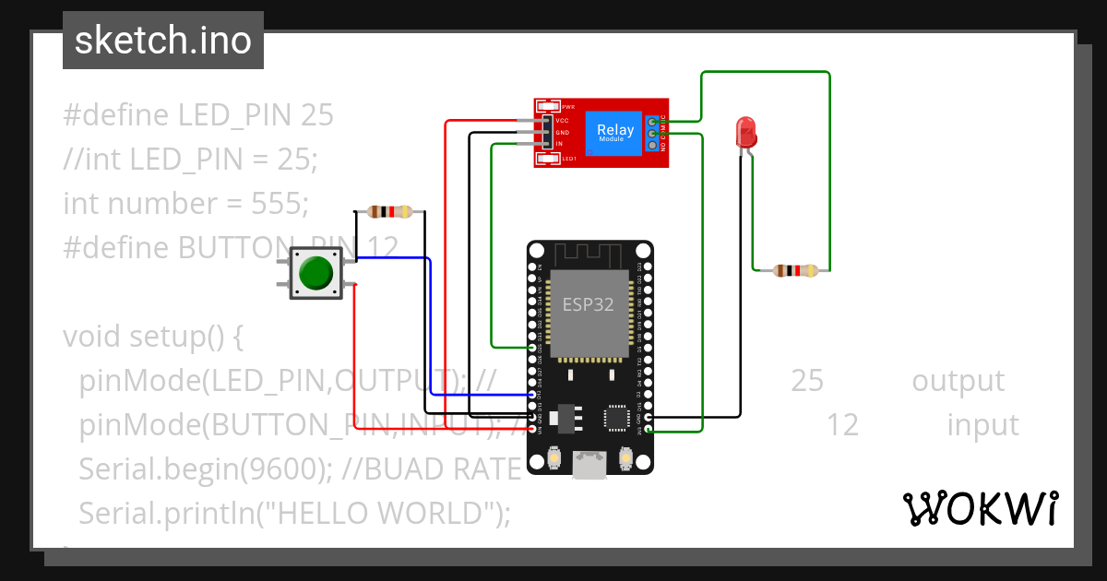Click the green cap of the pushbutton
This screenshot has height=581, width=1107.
point(315,273)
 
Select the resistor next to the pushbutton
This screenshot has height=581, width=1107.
point(389,212)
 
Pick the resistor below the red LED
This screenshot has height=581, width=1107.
point(795,270)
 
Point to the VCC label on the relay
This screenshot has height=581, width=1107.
point(562,121)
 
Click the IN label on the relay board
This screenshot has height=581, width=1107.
point(559,144)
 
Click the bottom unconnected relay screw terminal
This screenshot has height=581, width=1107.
point(653,146)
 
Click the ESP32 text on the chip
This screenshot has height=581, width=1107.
point(589,304)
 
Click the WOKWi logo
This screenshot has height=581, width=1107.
point(980,508)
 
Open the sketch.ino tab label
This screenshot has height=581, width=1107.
point(162,41)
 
